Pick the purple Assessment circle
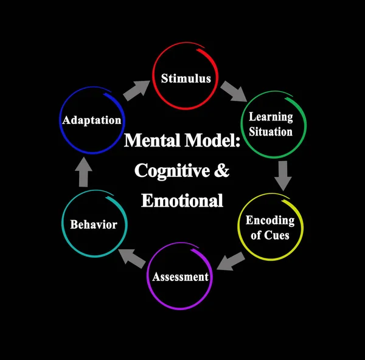tap(180, 277)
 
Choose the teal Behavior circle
tap(93, 224)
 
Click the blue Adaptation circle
tap(91, 120)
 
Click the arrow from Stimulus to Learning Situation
tap(233, 91)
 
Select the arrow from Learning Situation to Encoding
tap(283, 175)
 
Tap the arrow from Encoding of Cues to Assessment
tap(231, 261)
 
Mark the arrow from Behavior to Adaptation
tap(84, 173)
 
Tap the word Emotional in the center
tap(182, 200)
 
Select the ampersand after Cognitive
tap(221, 171)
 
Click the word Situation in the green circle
tap(271, 131)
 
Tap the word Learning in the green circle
tap(271, 117)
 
